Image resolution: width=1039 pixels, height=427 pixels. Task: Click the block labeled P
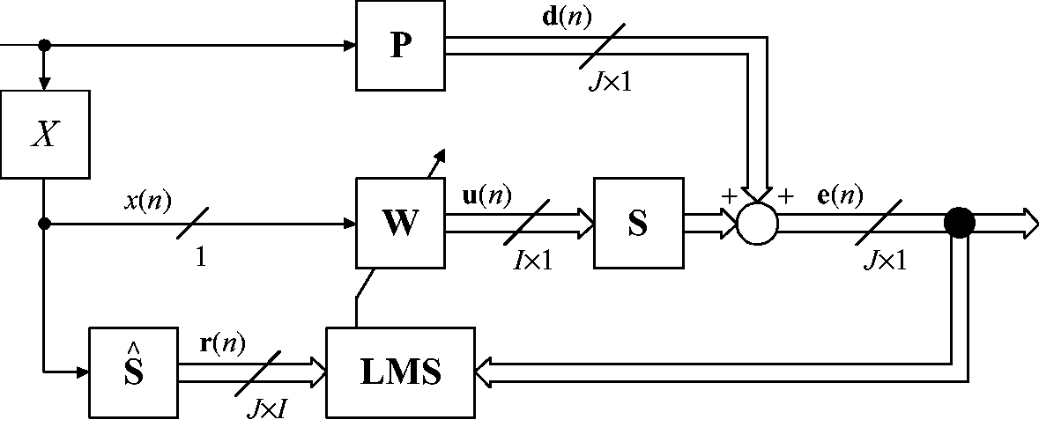pyautogui.click(x=401, y=45)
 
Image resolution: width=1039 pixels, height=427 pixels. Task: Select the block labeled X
pyautogui.click(x=44, y=135)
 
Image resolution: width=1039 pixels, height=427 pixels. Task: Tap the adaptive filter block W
pyautogui.click(x=401, y=223)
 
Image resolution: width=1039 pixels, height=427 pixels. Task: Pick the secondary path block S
pyautogui.click(x=639, y=223)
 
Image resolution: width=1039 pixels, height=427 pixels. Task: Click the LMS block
pyautogui.click(x=401, y=372)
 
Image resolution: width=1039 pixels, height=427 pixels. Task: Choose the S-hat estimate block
pyautogui.click(x=134, y=372)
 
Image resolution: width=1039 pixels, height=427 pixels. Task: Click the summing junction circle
pyautogui.click(x=758, y=224)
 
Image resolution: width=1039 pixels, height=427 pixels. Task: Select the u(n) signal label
pyautogui.click(x=486, y=196)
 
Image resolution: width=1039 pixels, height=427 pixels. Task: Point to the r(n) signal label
pyautogui.click(x=222, y=343)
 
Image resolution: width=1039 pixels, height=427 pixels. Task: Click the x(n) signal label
pyautogui.click(x=147, y=201)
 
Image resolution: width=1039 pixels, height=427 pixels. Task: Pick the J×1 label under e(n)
pyautogui.click(x=885, y=261)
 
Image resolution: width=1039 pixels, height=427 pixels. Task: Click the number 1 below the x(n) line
pyautogui.click(x=200, y=257)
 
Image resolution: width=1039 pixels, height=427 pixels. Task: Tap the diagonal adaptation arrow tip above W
pyautogui.click(x=443, y=151)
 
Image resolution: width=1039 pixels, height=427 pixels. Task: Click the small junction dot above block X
pyautogui.click(x=44, y=45)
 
